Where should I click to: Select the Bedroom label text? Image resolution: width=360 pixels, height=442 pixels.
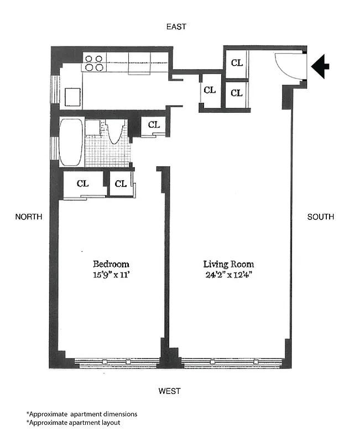pyautogui.click(x=111, y=264)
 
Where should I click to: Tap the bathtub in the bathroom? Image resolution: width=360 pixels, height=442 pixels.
pyautogui.click(x=71, y=142)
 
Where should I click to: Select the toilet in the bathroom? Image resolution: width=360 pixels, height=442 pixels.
pyautogui.click(x=115, y=132)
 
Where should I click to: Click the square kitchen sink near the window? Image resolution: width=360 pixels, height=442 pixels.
pyautogui.click(x=72, y=97)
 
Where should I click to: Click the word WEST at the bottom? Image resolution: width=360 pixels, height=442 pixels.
pyautogui.click(x=169, y=391)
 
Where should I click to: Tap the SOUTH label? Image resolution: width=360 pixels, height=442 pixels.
pyautogui.click(x=321, y=217)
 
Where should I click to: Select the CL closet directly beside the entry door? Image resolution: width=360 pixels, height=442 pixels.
pyautogui.click(x=237, y=63)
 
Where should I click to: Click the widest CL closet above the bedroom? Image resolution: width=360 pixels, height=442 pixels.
pyautogui.click(x=82, y=184)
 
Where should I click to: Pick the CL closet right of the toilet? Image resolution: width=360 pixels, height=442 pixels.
pyautogui.click(x=154, y=125)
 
